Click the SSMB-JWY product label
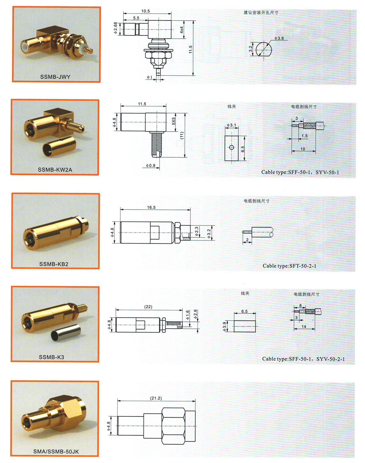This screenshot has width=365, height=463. (x=55, y=77)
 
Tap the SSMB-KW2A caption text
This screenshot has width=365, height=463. (x=55, y=170)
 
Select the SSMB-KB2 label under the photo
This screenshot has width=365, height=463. (x=54, y=264)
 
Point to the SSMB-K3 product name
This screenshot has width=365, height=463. (x=52, y=357)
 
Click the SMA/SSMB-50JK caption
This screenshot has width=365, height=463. (x=56, y=452)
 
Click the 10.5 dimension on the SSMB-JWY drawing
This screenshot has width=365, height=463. (x=145, y=11)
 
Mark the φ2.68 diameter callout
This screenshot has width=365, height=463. (x=116, y=28)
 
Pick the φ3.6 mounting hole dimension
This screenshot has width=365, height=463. (x=279, y=38)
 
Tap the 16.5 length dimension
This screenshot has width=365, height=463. (x=151, y=207)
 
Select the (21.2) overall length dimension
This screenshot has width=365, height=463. (x=156, y=398)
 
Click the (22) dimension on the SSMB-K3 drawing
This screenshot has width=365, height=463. (x=148, y=307)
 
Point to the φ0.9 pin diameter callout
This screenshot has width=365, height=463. (x=151, y=165)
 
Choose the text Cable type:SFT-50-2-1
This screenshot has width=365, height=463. (x=289, y=266)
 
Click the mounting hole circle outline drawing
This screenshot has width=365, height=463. (x=264, y=42)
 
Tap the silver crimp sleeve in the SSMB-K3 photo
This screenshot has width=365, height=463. (x=66, y=333)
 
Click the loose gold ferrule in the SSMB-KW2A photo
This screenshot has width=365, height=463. (x=59, y=147)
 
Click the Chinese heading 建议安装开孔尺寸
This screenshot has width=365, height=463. (x=261, y=13)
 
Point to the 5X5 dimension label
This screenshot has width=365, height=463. (x=174, y=121)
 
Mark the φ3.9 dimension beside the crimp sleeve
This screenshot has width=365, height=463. (x=224, y=327)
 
